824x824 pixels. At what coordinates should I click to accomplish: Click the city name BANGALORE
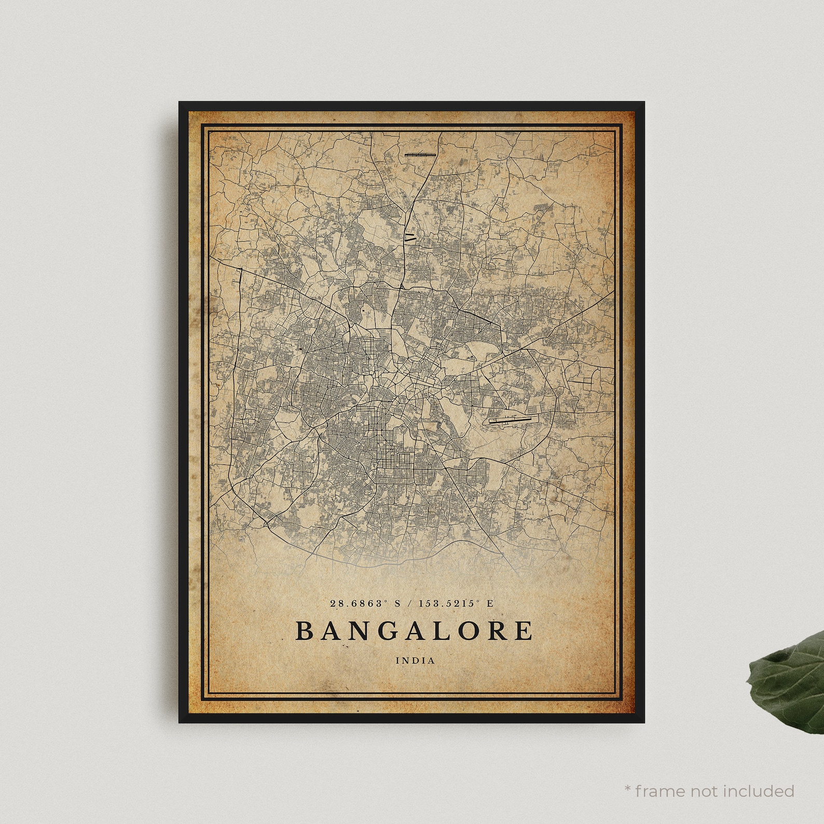pos(414,630)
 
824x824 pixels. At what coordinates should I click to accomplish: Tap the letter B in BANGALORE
pos(304,630)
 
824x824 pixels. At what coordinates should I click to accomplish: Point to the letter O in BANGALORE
pos(469,630)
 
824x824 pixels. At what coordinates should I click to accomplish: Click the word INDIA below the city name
pos(415,661)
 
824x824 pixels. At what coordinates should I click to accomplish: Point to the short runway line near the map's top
pos(419,154)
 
